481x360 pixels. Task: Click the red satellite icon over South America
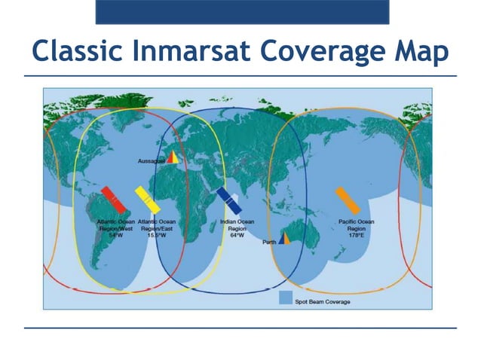point(114,200)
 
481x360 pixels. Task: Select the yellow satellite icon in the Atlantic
point(147,200)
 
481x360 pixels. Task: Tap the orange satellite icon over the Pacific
point(348,200)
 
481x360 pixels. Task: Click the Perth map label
point(269,243)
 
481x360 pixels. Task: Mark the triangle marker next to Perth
point(285,239)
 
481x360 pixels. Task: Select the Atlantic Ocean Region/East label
point(157,228)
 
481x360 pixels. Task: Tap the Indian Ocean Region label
point(236,228)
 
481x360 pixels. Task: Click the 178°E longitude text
point(356,235)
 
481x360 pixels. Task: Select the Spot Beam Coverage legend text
point(323,302)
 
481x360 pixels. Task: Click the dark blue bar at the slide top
point(242,12)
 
